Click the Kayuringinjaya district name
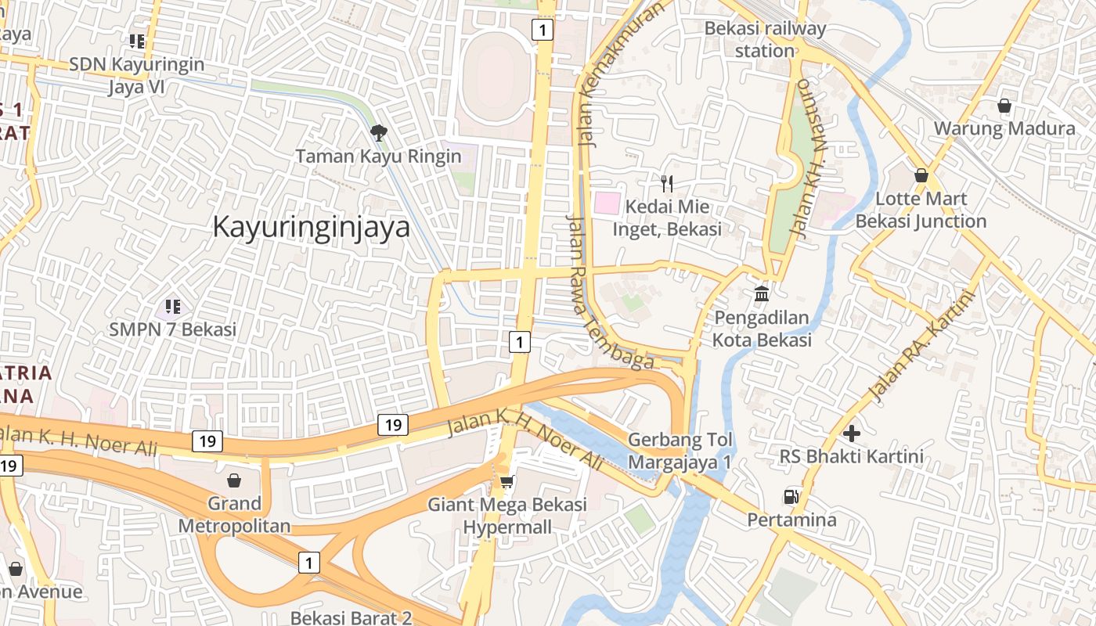coord(312,227)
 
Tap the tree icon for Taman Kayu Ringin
coord(379,133)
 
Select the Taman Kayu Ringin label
coord(379,156)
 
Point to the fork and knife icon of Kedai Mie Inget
coord(667,184)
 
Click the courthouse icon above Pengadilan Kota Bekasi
coord(762,295)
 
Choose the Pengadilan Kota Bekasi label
coord(762,329)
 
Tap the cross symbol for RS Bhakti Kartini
coord(852,433)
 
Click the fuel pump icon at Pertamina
coord(791,496)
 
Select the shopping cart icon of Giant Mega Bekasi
coord(507,481)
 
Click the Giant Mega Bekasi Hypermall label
coord(507,515)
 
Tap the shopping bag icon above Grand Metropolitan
coord(233,480)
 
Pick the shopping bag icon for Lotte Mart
coord(921,175)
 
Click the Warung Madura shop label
coord(1004,128)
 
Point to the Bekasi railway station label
coord(765,40)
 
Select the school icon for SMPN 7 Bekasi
coord(173,306)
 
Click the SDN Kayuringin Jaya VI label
coord(137,75)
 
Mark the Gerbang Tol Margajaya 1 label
coord(680,451)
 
